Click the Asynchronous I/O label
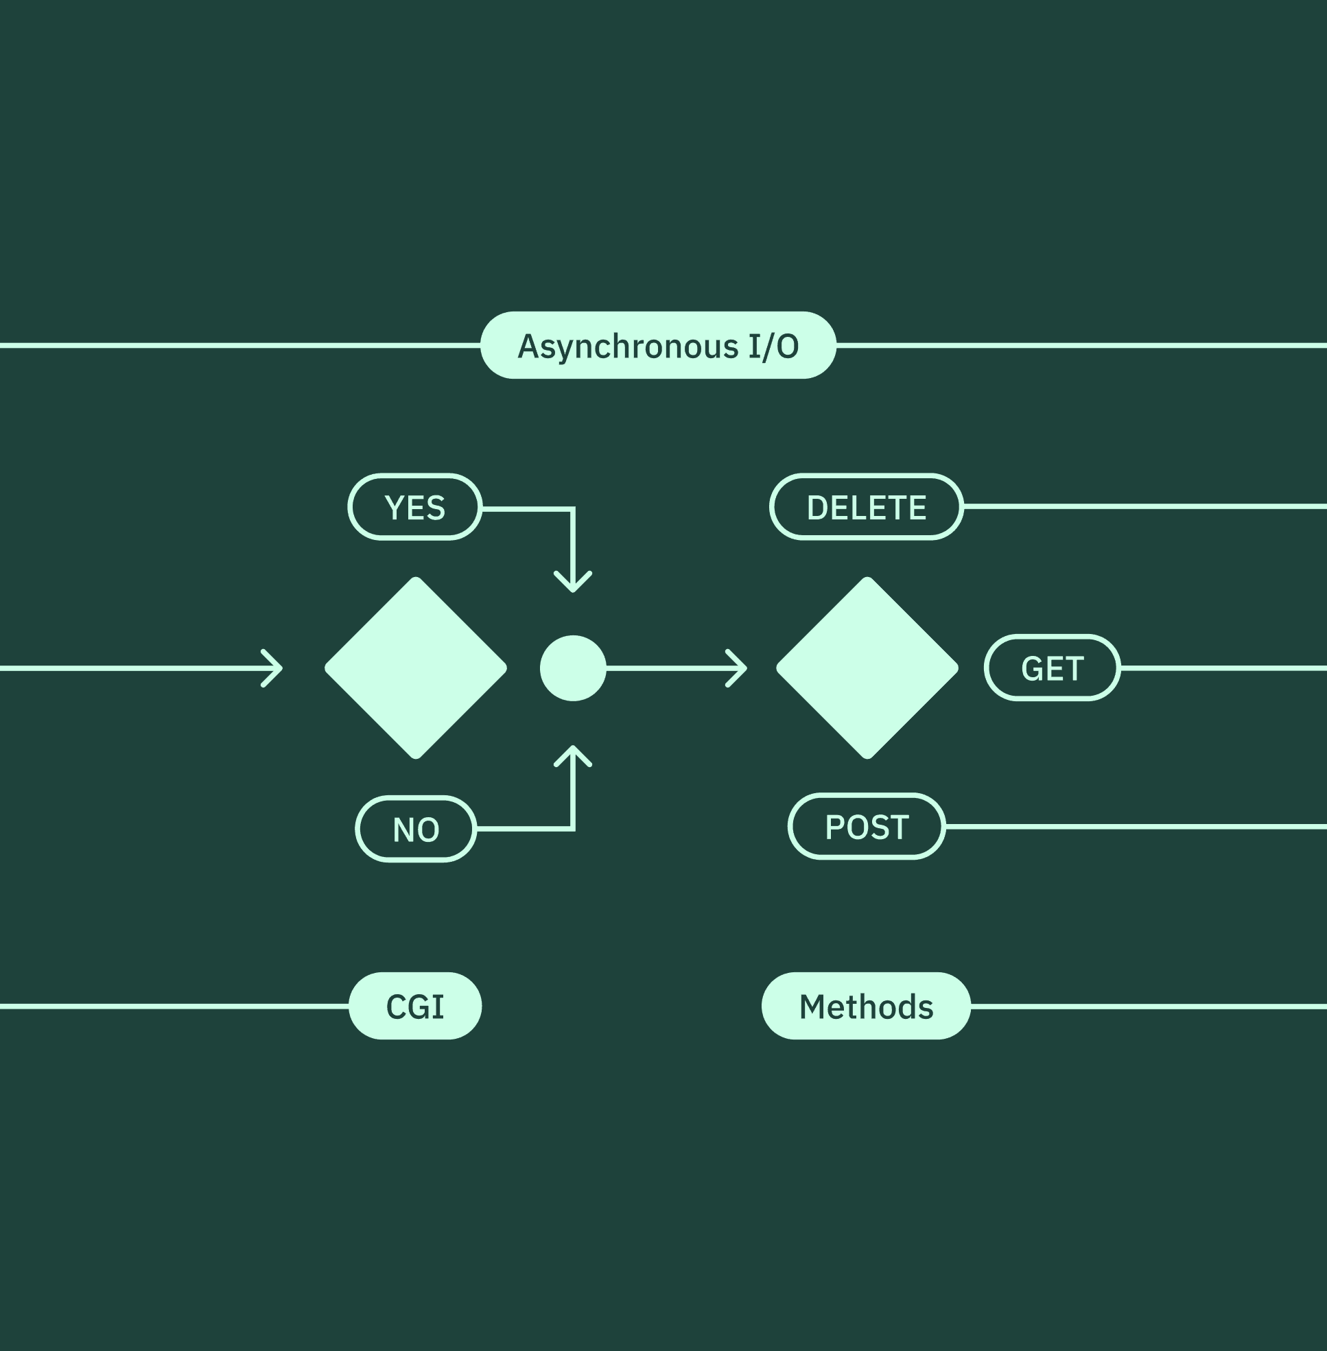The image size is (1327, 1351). point(658,345)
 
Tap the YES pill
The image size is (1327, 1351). point(414,507)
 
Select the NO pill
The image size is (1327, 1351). point(416,829)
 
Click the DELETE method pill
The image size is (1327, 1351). point(867,507)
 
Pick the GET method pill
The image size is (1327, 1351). point(1052,668)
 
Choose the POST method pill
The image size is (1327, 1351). point(867,826)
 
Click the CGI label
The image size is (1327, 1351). point(414,1006)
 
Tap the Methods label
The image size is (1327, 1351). point(866,1006)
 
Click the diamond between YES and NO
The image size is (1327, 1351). point(415,668)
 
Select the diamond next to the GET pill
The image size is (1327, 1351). point(867,668)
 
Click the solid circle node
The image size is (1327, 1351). point(573,668)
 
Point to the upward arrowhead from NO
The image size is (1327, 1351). point(573,755)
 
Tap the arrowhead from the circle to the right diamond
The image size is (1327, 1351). point(738,668)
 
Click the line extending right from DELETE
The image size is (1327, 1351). point(1145,507)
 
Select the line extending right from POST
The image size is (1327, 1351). point(1136,826)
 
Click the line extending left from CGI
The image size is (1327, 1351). point(174,1006)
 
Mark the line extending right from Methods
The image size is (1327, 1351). point(1149,1006)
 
